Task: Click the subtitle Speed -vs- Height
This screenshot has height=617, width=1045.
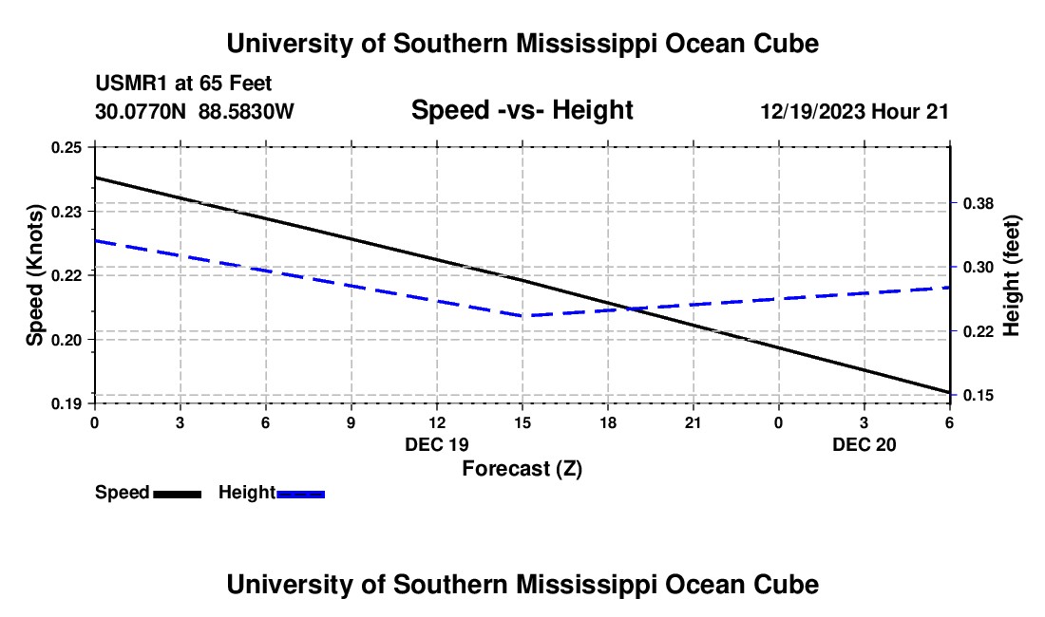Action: click(x=522, y=111)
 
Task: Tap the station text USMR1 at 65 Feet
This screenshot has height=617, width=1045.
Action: click(x=183, y=84)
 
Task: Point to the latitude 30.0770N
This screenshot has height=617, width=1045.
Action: click(x=142, y=112)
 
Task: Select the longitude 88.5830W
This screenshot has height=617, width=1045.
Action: click(x=246, y=112)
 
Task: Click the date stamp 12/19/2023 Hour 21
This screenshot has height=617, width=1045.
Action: click(x=854, y=112)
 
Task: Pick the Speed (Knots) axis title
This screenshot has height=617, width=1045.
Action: click(x=35, y=275)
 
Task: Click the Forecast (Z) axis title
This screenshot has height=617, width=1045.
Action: click(x=522, y=468)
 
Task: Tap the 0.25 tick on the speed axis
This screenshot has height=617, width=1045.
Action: click(x=66, y=147)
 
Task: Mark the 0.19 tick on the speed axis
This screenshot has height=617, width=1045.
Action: click(x=66, y=404)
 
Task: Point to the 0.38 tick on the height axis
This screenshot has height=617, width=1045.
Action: click(x=978, y=203)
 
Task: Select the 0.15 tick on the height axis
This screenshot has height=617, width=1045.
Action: click(x=978, y=395)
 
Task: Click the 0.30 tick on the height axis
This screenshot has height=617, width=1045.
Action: click(x=978, y=267)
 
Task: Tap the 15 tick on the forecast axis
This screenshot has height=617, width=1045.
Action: click(x=522, y=421)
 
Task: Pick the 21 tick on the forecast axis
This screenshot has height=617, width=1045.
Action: click(x=693, y=421)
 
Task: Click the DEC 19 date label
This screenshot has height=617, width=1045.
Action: click(x=436, y=444)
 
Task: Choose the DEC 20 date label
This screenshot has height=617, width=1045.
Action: click(x=864, y=444)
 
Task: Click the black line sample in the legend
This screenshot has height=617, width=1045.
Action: click(x=177, y=493)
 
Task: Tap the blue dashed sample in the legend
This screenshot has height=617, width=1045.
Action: click(x=301, y=493)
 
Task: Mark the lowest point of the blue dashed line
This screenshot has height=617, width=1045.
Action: click(x=522, y=315)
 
